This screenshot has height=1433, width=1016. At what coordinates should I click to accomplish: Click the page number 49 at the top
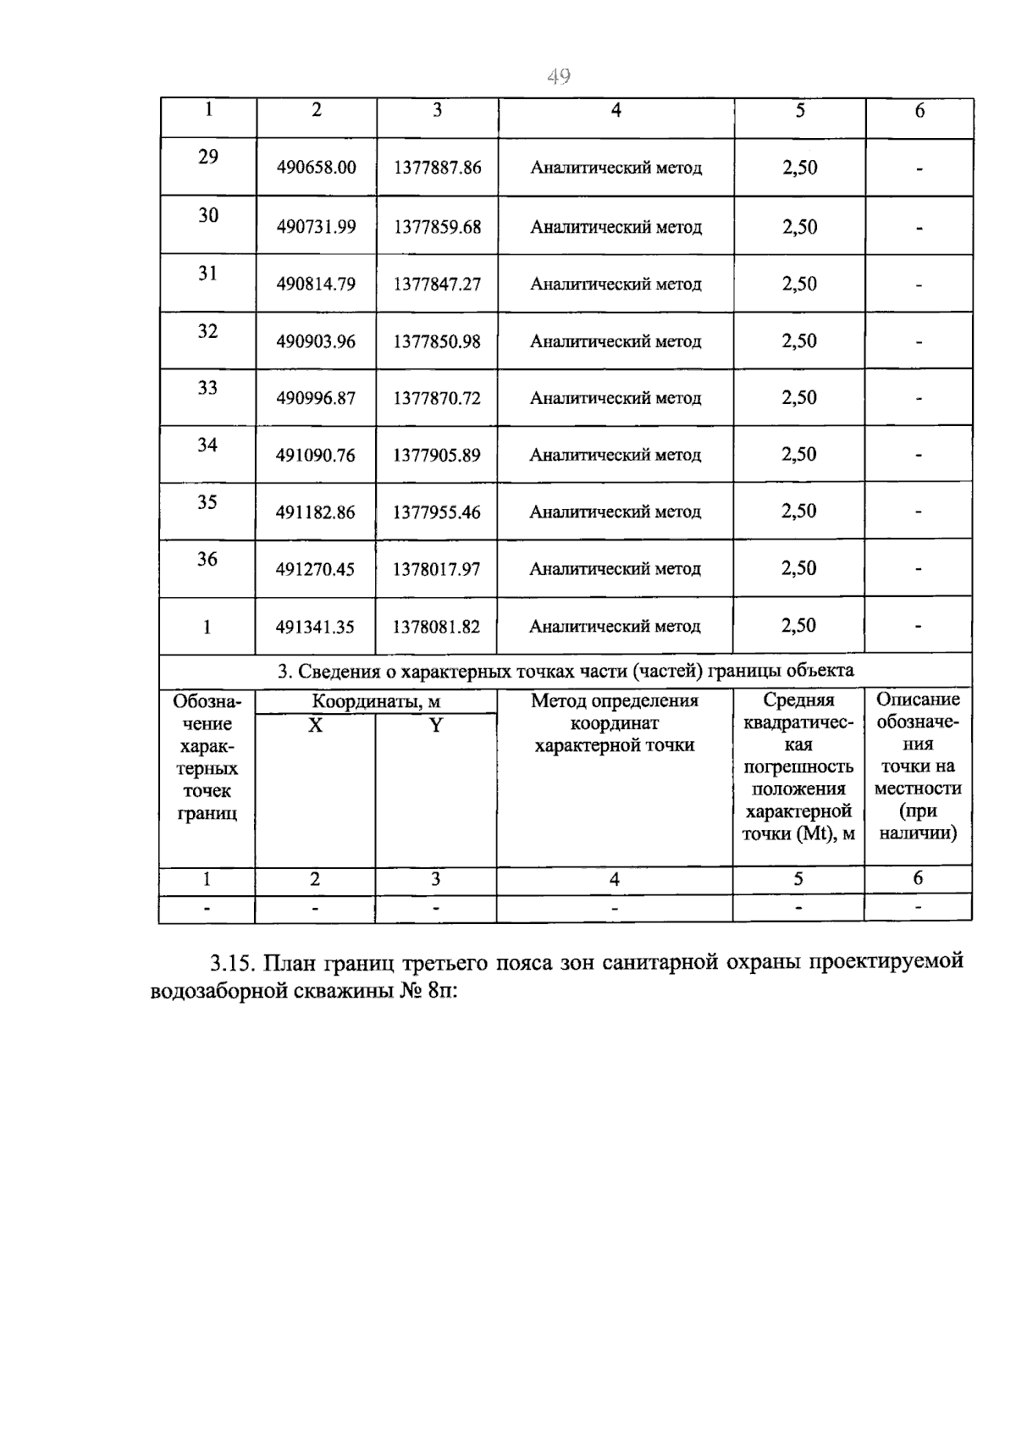tap(559, 77)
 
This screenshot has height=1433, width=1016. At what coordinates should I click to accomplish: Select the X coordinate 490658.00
tap(316, 168)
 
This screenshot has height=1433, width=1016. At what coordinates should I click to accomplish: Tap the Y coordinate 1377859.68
tap(437, 227)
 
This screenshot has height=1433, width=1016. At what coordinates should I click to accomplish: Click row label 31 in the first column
tap(207, 273)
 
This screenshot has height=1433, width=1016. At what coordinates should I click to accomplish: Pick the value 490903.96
tap(316, 341)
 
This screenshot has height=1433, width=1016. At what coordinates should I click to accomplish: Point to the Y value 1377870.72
tap(437, 398)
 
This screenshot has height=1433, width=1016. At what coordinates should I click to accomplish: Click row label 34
tap(207, 445)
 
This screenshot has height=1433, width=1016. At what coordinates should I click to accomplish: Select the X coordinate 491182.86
tap(315, 512)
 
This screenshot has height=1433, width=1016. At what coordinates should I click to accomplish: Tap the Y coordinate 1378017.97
tap(436, 569)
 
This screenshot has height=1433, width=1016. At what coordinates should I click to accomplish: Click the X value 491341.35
tap(315, 627)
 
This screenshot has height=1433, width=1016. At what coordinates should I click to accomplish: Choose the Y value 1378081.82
tap(436, 627)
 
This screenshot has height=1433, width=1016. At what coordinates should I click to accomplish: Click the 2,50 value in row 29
tap(799, 168)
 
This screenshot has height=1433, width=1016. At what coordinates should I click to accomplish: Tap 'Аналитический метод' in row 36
tap(615, 569)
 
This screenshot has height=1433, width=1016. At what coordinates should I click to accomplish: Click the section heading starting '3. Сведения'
tap(566, 671)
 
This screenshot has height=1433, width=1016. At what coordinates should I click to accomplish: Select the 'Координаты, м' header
tap(376, 701)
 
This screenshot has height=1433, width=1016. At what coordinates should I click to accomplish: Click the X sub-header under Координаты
tap(315, 725)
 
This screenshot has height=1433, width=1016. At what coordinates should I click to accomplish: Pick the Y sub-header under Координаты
tap(435, 725)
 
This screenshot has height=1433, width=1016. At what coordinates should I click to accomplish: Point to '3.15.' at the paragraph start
tap(233, 963)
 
